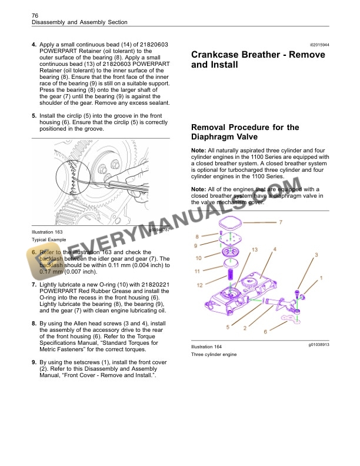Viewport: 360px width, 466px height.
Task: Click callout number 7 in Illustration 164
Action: (x=280, y=222)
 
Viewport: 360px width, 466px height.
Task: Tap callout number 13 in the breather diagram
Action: (x=254, y=250)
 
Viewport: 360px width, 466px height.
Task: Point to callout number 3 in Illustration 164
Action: (x=316, y=255)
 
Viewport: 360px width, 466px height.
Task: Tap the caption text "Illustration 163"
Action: (x=47, y=232)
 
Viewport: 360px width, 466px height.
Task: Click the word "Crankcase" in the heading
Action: (x=219, y=55)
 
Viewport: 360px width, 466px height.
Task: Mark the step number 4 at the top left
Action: (x=34, y=45)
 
